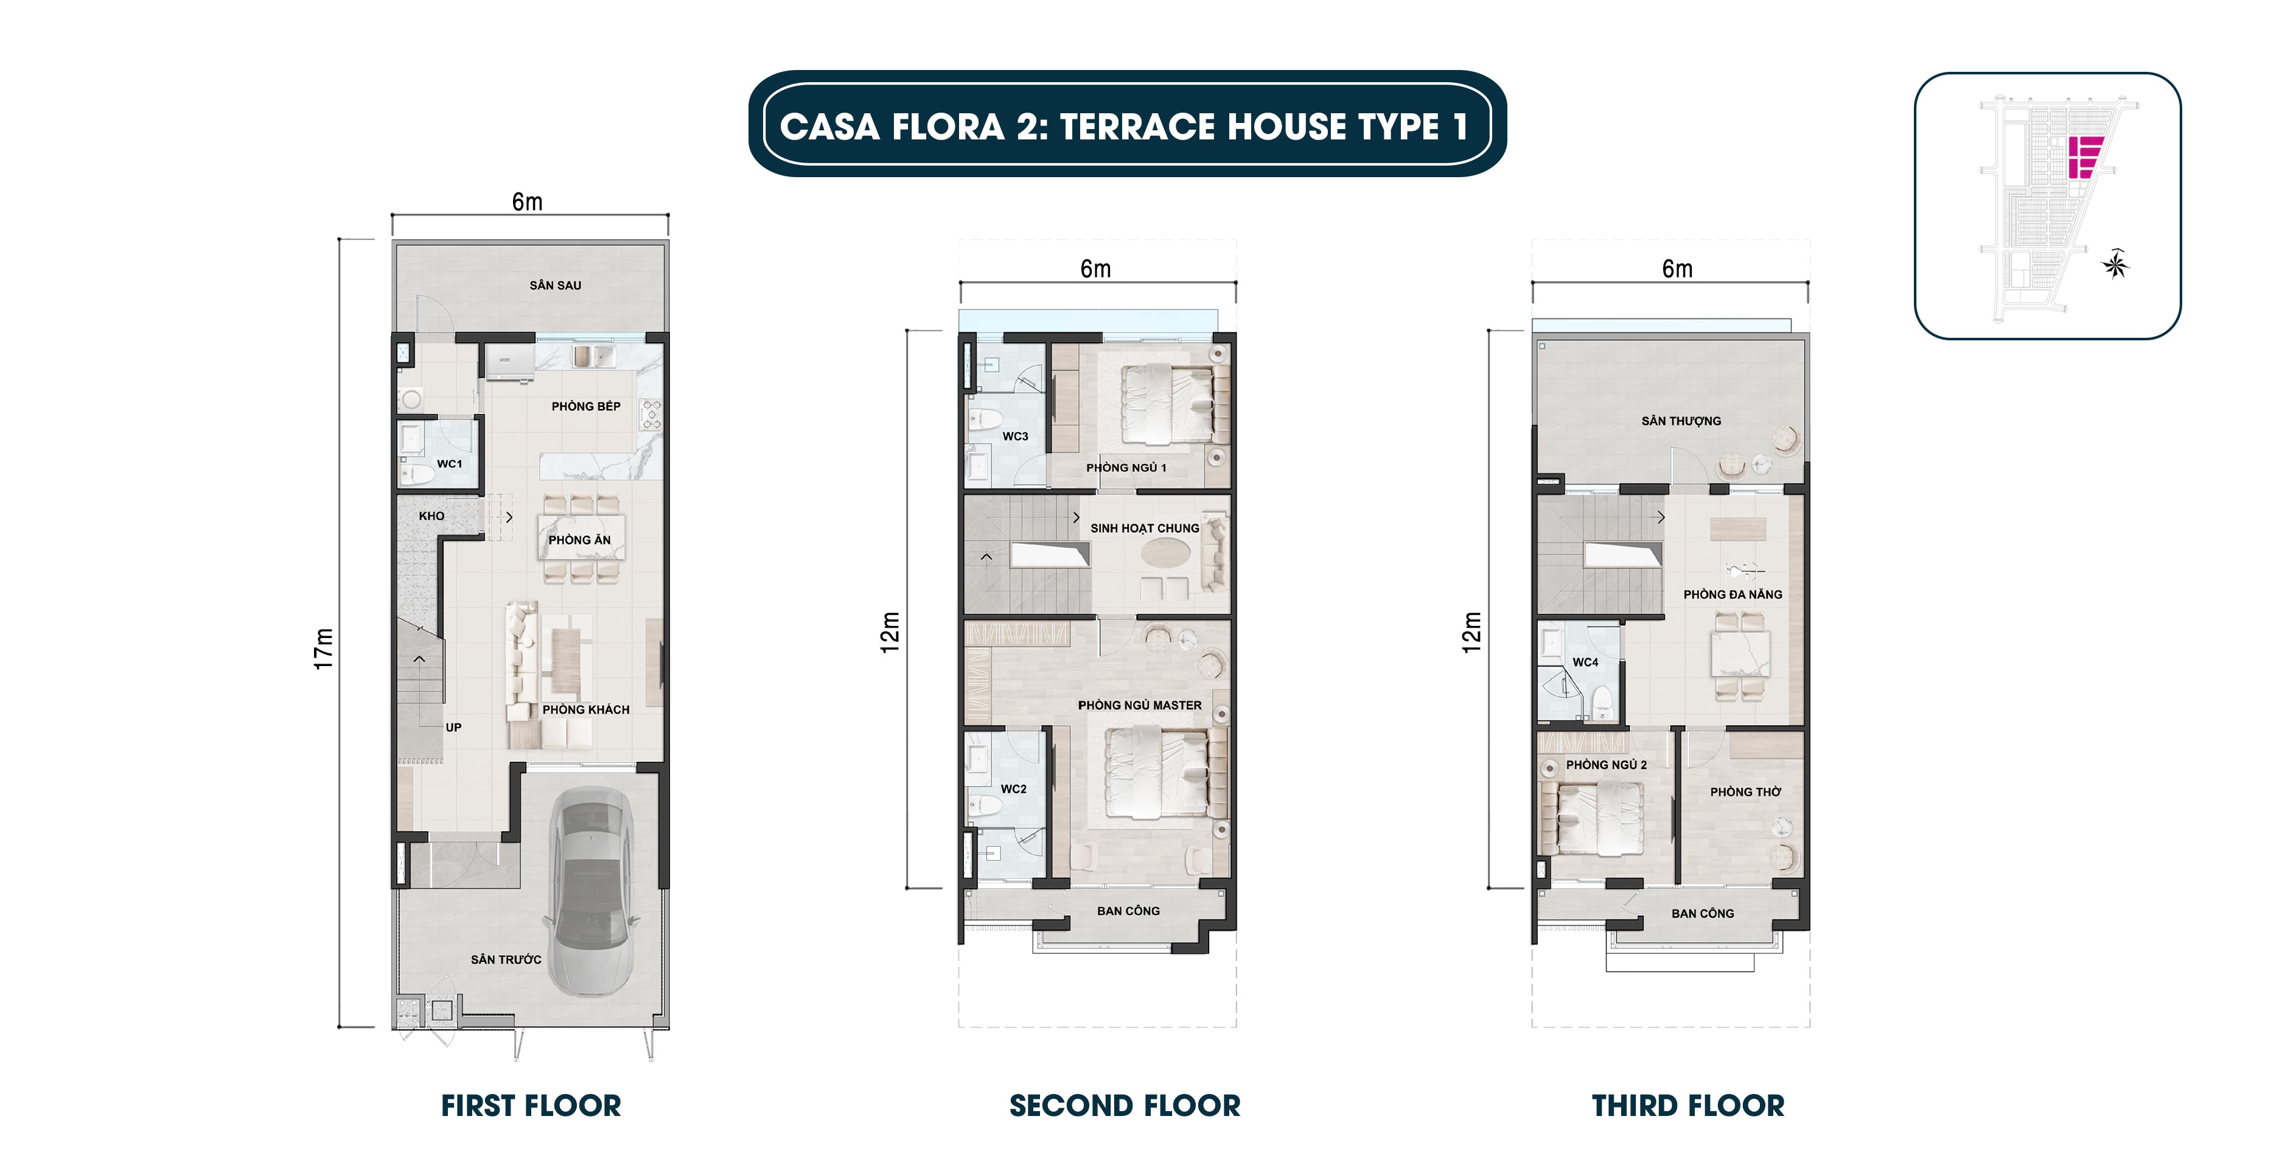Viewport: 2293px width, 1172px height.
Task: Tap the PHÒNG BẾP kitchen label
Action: click(x=585, y=406)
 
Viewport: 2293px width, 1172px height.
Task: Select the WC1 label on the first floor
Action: click(x=450, y=464)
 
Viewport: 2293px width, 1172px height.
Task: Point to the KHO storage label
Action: click(x=431, y=516)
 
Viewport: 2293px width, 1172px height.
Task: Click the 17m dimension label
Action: click(x=323, y=648)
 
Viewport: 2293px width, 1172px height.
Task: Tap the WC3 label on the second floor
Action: click(x=1015, y=437)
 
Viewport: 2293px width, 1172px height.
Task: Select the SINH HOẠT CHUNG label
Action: click(x=1145, y=528)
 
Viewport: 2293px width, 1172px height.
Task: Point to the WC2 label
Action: click(x=1013, y=789)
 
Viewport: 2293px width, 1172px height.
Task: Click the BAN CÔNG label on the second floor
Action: click(x=1128, y=911)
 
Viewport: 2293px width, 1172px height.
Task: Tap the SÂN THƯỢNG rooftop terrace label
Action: click(x=1681, y=420)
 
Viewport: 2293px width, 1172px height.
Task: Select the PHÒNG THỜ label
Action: click(x=1745, y=791)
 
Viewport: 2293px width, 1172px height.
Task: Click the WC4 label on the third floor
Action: click(x=1585, y=662)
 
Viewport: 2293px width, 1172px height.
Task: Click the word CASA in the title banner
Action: click(x=829, y=127)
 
